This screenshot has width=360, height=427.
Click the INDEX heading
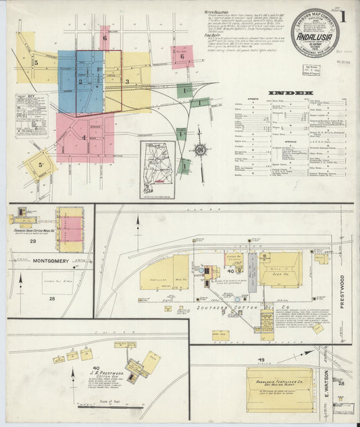coord(290,92)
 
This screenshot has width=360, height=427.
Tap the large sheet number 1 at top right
coord(345,16)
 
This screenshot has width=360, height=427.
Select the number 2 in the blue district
coord(80,82)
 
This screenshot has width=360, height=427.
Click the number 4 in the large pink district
coord(84,138)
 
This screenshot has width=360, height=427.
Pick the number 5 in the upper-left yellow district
coord(36,63)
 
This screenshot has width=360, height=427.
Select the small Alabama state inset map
coord(157,170)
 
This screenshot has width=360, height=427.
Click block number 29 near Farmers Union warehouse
coord(32,240)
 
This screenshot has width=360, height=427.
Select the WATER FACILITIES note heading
coord(218,12)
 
